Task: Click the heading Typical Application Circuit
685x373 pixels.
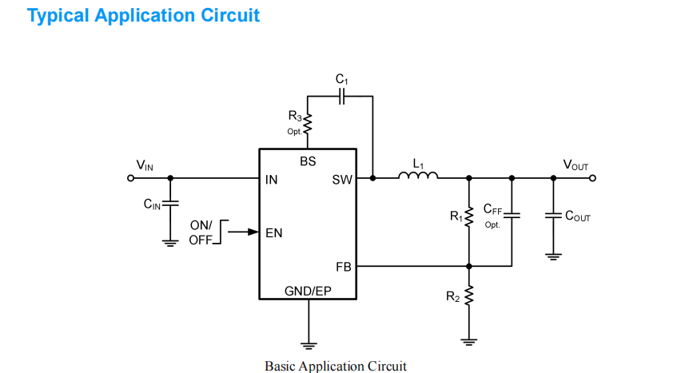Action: click(x=144, y=15)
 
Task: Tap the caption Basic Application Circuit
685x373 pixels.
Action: click(x=336, y=366)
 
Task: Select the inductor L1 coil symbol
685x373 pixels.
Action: click(x=418, y=177)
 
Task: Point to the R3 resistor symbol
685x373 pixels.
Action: click(x=308, y=123)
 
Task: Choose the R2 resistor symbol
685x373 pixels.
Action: click(x=469, y=296)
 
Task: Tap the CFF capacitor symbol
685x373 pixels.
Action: click(x=512, y=215)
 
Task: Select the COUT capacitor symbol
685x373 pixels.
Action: click(x=552, y=216)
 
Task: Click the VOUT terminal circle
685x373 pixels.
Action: click(x=592, y=178)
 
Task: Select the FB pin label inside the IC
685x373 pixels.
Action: click(x=343, y=266)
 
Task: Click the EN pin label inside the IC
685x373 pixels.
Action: click(x=274, y=233)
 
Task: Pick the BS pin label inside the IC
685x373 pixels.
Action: click(x=308, y=161)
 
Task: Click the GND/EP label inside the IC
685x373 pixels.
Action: click(x=308, y=291)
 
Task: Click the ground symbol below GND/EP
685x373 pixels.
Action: click(x=308, y=344)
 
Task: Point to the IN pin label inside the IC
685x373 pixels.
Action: click(x=272, y=180)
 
